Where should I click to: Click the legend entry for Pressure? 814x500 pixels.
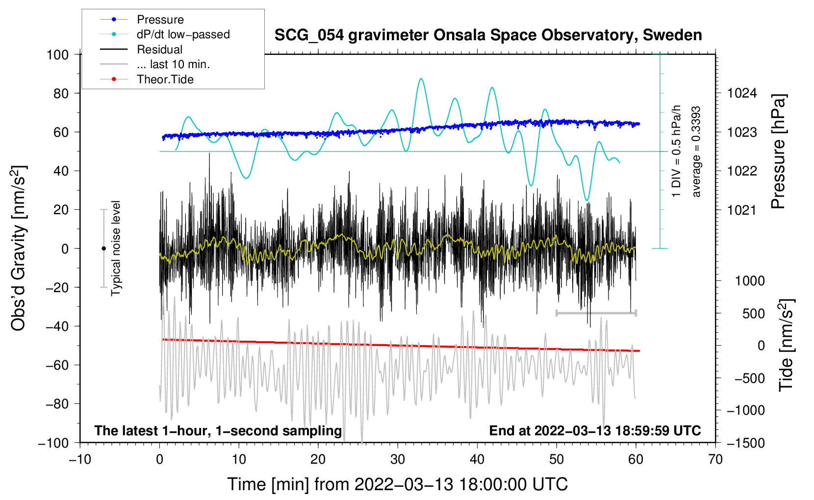(x=160, y=20)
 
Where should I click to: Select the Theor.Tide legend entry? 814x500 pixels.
(x=165, y=79)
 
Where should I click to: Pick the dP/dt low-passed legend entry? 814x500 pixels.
(x=183, y=35)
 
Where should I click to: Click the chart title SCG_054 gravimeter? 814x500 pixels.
(x=488, y=35)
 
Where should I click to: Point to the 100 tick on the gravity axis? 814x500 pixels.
(x=57, y=54)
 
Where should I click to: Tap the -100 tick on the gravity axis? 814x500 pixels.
(x=53, y=443)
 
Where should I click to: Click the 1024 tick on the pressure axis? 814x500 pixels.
(x=742, y=93)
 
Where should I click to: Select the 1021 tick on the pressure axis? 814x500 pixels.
(x=742, y=210)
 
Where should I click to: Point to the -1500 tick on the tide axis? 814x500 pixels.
(x=745, y=443)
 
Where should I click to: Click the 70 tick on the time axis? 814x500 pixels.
(x=715, y=459)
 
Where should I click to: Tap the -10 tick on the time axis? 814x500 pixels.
(x=80, y=459)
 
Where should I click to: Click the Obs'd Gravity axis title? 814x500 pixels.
(x=19, y=248)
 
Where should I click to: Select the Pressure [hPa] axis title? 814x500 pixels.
(x=778, y=151)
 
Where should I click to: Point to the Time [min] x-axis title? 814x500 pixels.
(x=397, y=484)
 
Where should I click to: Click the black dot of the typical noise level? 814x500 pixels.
(x=103, y=249)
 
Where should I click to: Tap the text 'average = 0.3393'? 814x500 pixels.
(x=696, y=151)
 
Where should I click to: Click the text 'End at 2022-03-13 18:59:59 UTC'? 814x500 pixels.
(x=595, y=431)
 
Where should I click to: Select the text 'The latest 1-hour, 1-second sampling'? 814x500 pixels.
(x=218, y=431)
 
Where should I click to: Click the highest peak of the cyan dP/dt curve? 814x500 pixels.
(x=421, y=78)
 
